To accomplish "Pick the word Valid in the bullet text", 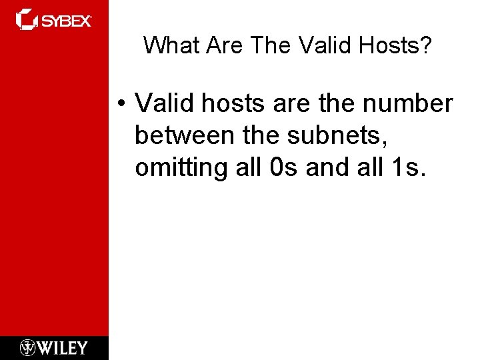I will tap(161, 104).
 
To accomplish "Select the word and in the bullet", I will tap(327, 167).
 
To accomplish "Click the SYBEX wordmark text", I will tap(66, 21).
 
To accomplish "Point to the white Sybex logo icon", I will tap(27, 19).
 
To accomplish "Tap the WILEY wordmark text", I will tap(63, 348).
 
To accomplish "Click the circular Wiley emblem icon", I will tap(27, 348).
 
